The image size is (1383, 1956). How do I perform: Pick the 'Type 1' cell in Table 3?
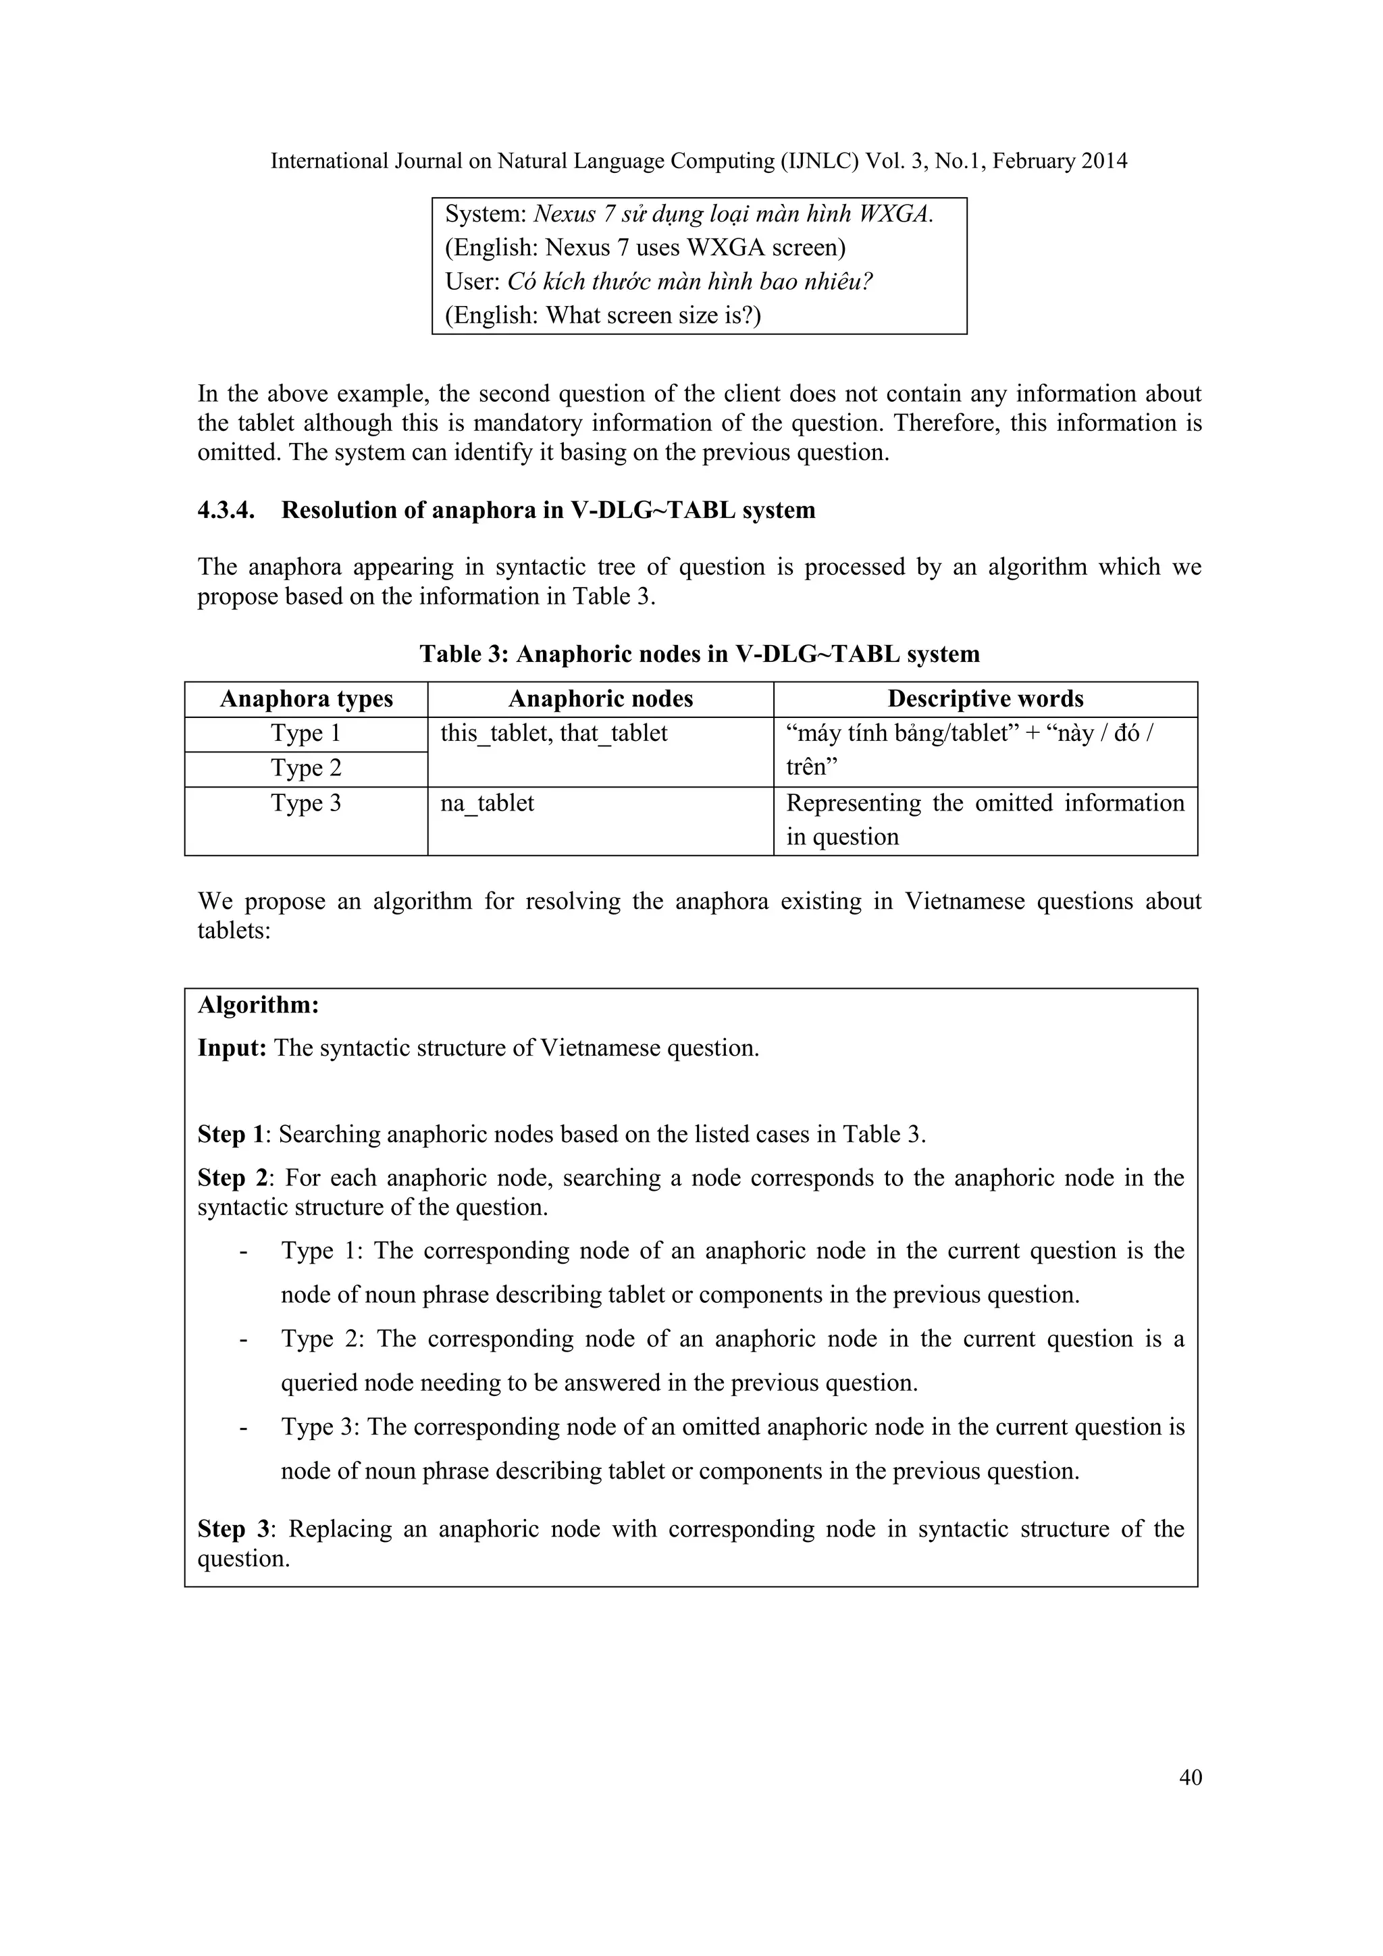(306, 733)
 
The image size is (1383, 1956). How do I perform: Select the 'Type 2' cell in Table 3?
(306, 769)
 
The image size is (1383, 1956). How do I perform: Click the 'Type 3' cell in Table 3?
(306, 803)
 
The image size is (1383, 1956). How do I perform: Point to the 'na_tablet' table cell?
(487, 803)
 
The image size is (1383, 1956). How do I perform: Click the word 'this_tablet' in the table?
(493, 733)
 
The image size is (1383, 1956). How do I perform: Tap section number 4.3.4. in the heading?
(226, 511)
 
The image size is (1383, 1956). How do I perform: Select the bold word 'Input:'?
(232, 1048)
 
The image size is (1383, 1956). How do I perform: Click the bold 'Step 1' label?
(231, 1135)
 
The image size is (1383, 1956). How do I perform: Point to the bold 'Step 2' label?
(232, 1178)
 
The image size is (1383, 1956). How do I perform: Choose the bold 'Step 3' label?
(232, 1529)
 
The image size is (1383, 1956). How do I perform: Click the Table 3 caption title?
(699, 654)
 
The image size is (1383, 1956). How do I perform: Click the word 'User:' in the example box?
(473, 282)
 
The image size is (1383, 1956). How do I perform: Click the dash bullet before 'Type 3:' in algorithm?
(244, 1427)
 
